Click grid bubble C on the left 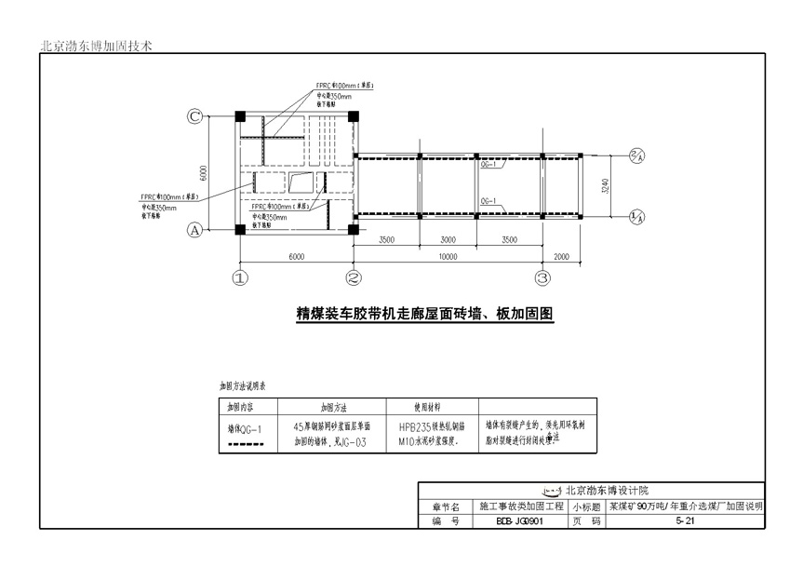coord(195,116)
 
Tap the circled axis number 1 coord(240,277)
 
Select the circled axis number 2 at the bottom coord(354,277)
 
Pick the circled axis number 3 coord(543,277)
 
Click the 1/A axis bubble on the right coord(637,216)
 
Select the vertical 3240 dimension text coord(606,185)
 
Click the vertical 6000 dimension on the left coord(214,174)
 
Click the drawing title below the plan coord(424,314)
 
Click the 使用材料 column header coord(432,408)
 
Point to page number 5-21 coord(684,521)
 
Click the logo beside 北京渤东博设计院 coord(553,490)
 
